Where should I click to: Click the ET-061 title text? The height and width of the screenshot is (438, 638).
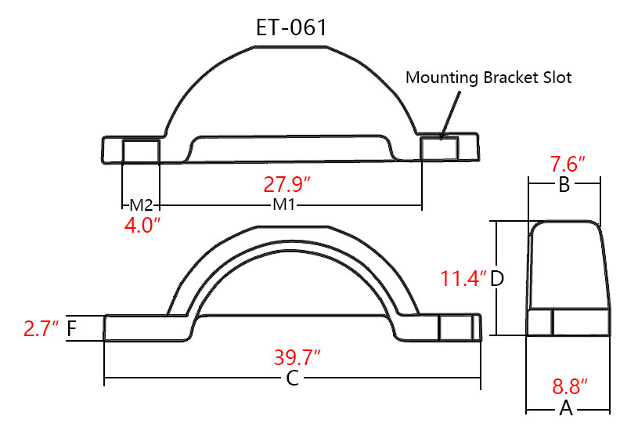(x=291, y=28)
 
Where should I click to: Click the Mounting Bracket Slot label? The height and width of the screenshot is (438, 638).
(x=488, y=78)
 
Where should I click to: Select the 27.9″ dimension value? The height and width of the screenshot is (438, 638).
(x=287, y=186)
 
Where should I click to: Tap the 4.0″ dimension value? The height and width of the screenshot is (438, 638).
(x=142, y=226)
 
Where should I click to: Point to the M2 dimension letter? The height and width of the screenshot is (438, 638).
(x=141, y=206)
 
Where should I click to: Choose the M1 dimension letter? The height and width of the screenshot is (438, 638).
(x=284, y=206)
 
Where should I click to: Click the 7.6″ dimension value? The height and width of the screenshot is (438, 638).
(x=568, y=166)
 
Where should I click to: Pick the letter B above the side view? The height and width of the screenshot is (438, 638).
(x=564, y=186)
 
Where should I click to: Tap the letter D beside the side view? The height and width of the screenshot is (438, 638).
(x=496, y=279)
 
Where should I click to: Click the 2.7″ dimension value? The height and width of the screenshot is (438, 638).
(x=41, y=328)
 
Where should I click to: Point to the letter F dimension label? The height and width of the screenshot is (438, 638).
(x=72, y=328)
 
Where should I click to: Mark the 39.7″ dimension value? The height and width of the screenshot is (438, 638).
(x=297, y=359)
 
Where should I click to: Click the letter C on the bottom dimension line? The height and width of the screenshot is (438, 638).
(x=292, y=379)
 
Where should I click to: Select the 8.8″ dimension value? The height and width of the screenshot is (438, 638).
(x=570, y=387)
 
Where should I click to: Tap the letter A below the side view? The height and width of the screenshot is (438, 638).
(x=565, y=408)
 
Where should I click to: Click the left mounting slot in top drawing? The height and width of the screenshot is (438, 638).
(x=142, y=150)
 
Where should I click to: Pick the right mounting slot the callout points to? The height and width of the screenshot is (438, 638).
(x=439, y=149)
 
